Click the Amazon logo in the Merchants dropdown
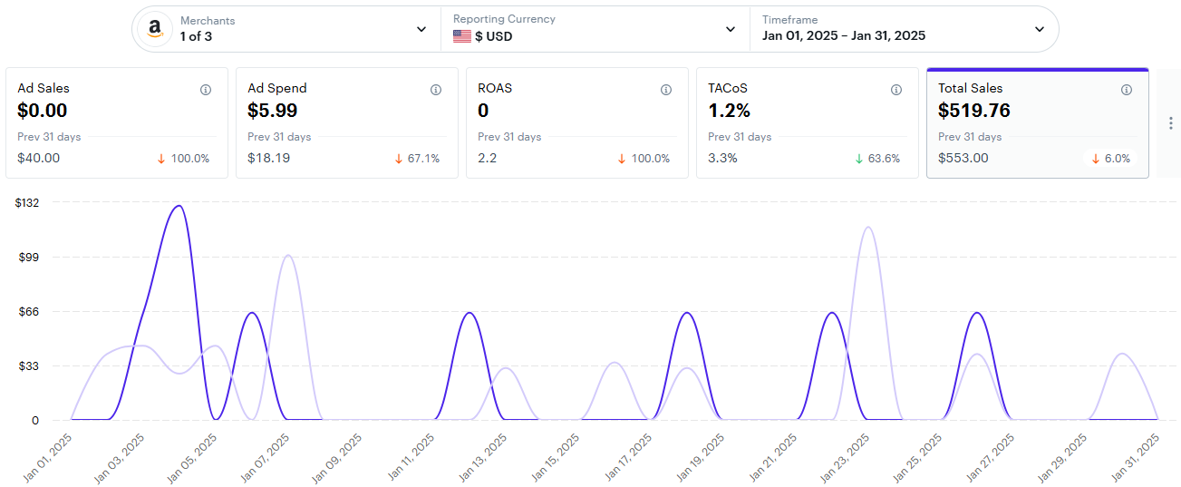(155, 29)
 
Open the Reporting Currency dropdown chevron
(731, 29)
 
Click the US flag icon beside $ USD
(462, 36)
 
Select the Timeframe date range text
(844, 36)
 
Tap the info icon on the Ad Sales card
(206, 90)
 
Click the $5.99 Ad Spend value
(273, 111)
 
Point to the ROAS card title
(495, 88)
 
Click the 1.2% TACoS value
(730, 111)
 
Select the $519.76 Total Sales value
(974, 111)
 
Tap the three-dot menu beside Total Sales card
(1170, 123)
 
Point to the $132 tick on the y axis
(27, 202)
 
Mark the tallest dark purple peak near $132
(179, 206)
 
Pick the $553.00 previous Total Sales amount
(963, 159)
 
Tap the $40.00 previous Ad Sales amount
(39, 159)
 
